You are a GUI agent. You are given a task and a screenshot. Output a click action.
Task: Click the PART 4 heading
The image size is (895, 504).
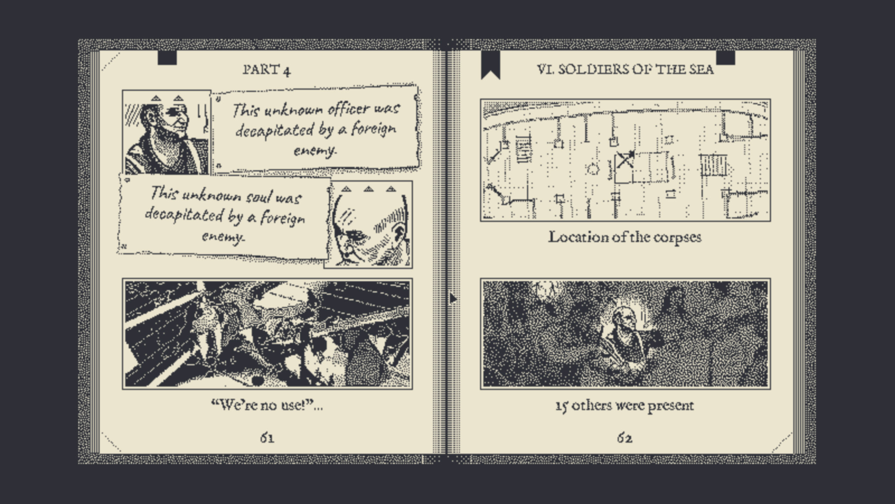click(x=267, y=70)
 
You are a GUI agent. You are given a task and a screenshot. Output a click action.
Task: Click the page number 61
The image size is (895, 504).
click(x=267, y=438)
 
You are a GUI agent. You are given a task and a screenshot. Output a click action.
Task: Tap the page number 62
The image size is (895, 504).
click(x=625, y=438)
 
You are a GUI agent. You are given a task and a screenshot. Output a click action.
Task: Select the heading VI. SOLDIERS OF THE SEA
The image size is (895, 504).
click(x=625, y=69)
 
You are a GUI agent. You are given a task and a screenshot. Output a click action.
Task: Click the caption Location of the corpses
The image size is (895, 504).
click(x=625, y=237)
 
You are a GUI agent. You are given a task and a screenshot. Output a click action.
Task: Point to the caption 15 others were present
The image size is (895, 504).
click(x=625, y=406)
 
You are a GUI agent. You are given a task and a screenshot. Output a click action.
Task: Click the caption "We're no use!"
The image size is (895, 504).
click(x=267, y=405)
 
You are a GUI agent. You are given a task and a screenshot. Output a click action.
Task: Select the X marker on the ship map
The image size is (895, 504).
click(x=624, y=161)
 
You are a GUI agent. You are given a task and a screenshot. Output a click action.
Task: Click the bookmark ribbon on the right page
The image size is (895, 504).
click(x=491, y=65)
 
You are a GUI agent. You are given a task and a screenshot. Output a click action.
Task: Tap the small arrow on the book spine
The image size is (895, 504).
click(x=453, y=299)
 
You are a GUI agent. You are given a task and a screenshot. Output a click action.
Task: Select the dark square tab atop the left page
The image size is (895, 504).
click(x=167, y=58)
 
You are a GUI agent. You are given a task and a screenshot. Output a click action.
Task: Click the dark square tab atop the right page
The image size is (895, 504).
click(x=725, y=58)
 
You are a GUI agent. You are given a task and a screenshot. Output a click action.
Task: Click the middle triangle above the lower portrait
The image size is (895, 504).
click(x=368, y=189)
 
